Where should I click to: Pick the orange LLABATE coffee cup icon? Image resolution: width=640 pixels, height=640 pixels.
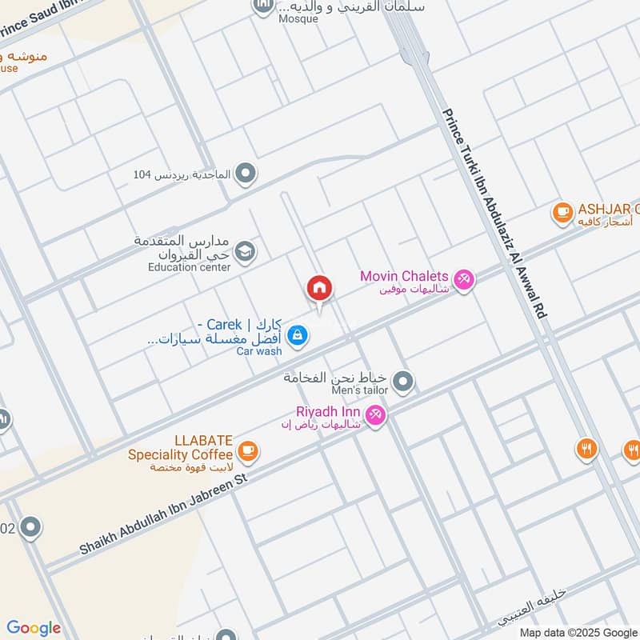pyautogui.click(x=249, y=450)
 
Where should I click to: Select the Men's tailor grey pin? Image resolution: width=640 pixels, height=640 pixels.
pyautogui.click(x=404, y=381)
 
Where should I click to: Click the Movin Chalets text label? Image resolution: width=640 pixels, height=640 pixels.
pyautogui.click(x=404, y=277)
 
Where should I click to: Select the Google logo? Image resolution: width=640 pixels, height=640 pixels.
pyautogui.click(x=33, y=628)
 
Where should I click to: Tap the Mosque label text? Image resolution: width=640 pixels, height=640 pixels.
pyautogui.click(x=298, y=19)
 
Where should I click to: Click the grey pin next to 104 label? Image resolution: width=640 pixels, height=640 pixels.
pyautogui.click(x=246, y=173)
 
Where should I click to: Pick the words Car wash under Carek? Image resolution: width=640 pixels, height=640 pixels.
pyautogui.click(x=258, y=351)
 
